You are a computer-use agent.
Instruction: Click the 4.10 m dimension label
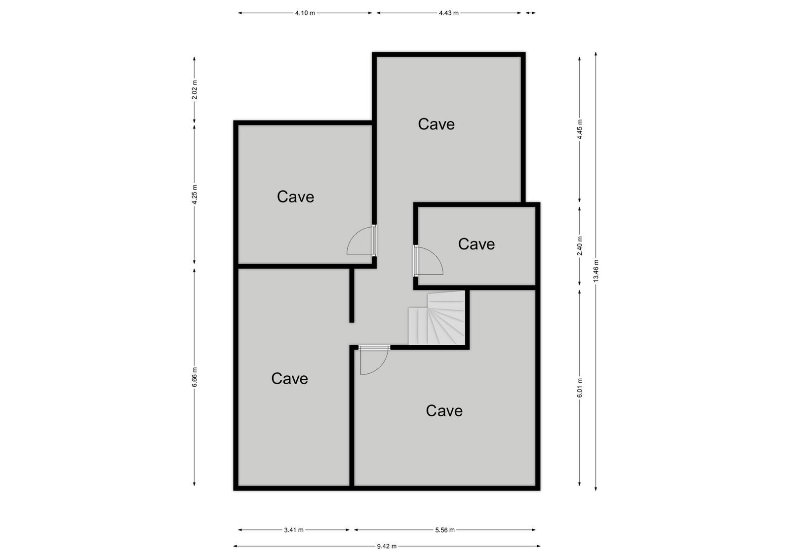[x=305, y=13]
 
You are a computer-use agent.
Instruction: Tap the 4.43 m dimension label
[x=448, y=13]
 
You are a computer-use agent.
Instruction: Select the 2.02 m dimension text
[x=195, y=89]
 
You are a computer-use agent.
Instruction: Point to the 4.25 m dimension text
[x=195, y=194]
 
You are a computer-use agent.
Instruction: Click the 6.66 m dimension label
[x=195, y=377]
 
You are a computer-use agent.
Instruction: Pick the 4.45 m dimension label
[x=580, y=129]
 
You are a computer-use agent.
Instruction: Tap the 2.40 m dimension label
[x=580, y=246]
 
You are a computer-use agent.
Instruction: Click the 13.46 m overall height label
[x=596, y=270]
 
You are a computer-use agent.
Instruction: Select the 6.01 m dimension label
[x=580, y=388]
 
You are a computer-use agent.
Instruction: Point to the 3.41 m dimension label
[x=294, y=530]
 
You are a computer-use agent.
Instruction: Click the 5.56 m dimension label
[x=445, y=530]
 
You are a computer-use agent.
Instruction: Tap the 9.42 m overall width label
[x=387, y=546]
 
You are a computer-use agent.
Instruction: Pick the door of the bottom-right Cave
[x=374, y=360]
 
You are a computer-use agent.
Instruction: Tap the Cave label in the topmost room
[x=436, y=124]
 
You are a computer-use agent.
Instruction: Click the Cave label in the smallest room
[x=476, y=244]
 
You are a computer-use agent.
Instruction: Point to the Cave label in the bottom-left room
[x=289, y=379]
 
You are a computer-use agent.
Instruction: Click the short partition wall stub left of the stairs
[x=352, y=295]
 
